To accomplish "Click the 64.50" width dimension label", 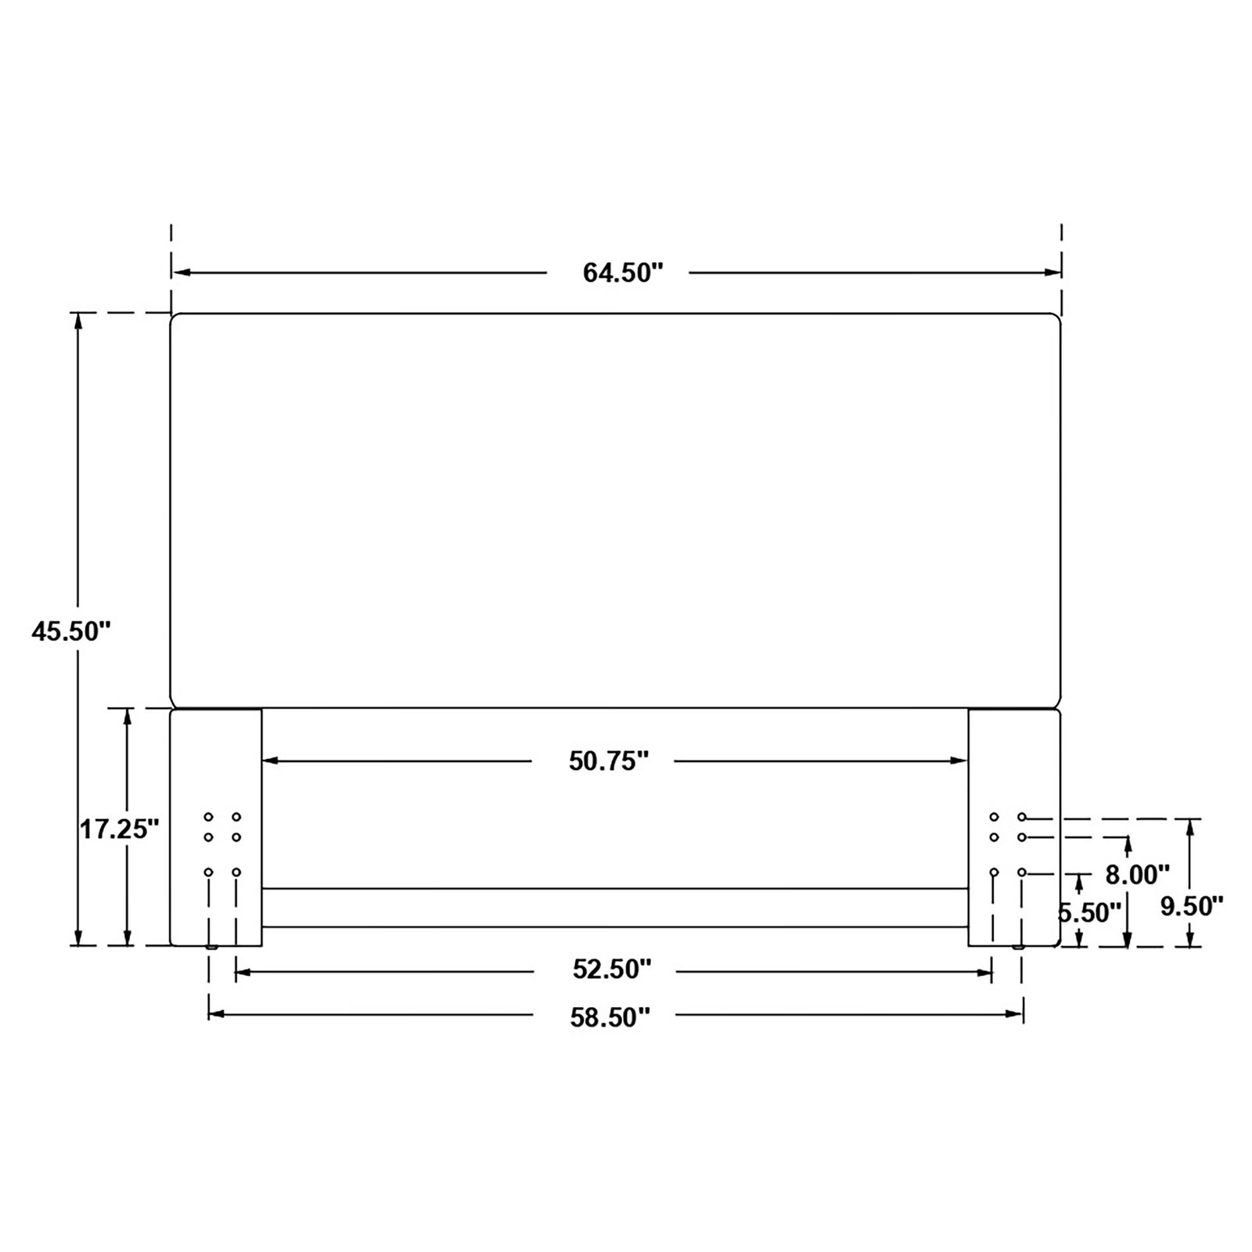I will [623, 273].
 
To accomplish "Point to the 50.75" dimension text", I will [609, 761].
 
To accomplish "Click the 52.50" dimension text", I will [612, 970].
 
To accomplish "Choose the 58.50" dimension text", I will [611, 1016].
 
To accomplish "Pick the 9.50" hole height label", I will [1192, 907].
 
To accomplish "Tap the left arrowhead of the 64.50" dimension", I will [180, 272].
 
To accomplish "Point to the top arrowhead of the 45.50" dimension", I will [77, 322].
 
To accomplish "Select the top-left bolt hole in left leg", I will [208, 817].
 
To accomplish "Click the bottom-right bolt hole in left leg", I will [236, 872].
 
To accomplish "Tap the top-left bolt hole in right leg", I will [994, 817].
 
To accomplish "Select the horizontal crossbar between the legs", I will [615, 908].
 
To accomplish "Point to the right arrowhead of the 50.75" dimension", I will [961, 761].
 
